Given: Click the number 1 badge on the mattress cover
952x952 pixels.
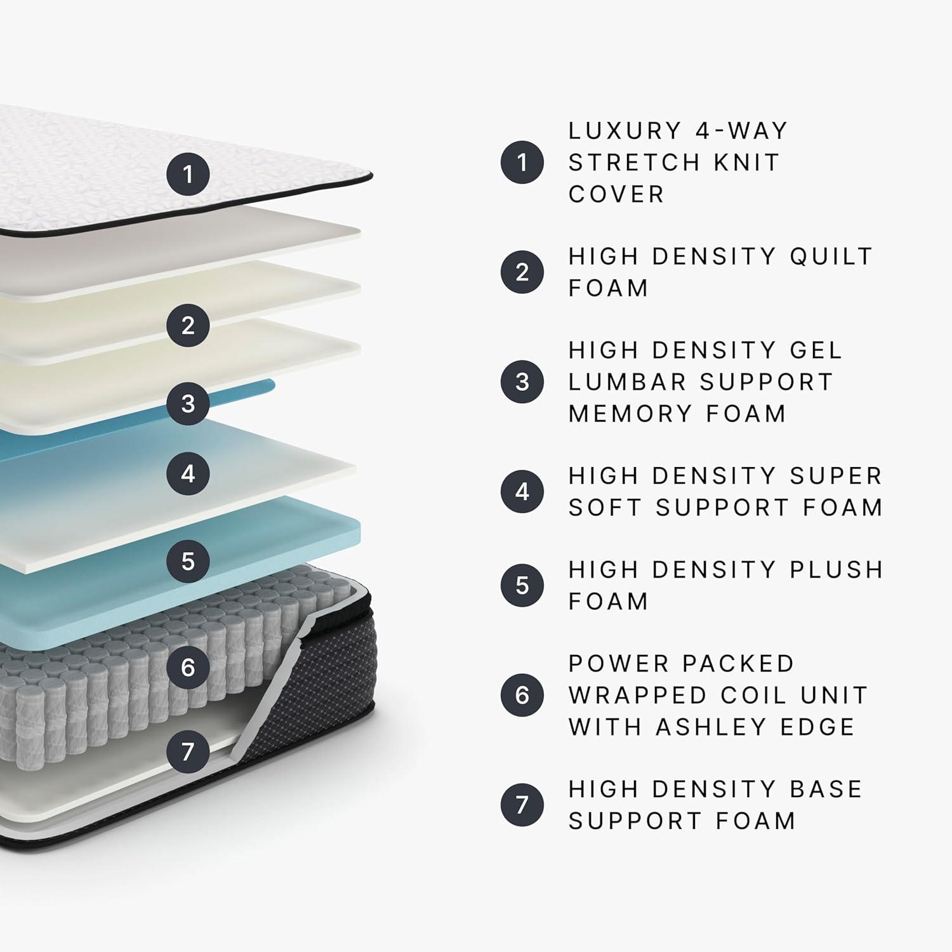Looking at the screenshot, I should click(188, 174).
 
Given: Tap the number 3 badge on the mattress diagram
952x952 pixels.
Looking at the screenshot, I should click(188, 403).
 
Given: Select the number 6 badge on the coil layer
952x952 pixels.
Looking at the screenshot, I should click(188, 667).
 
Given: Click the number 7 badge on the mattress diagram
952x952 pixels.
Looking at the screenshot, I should click(188, 751).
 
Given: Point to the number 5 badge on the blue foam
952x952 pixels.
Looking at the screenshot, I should click(188, 561).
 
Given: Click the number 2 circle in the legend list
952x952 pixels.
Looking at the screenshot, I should click(522, 272).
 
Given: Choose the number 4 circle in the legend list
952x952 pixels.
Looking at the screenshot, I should click(522, 491).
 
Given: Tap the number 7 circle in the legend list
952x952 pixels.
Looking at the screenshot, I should click(522, 805).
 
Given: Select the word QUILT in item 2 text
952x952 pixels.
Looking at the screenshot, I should click(831, 256).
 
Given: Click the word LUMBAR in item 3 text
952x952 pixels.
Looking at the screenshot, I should click(626, 382).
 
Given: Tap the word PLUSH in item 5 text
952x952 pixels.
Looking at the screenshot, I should click(836, 570).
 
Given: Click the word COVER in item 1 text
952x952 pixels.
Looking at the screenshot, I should click(616, 194).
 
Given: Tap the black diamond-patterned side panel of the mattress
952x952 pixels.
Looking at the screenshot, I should click(317, 698).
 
